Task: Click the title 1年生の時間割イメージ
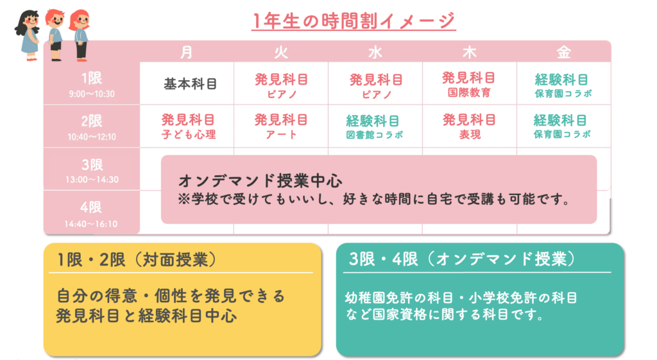pos(354,21)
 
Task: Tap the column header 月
pos(187,53)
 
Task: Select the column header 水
pos(375,53)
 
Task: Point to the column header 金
pos(563,53)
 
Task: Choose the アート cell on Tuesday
pos(281,126)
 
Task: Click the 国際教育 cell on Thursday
pos(469,84)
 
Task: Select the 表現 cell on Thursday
pos(469,126)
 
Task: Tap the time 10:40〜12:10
pos(92,137)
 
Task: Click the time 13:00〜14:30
pos(92,180)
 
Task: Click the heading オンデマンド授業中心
pos(260,181)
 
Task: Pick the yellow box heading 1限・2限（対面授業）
pos(137,260)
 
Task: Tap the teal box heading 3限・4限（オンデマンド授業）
pos(463,259)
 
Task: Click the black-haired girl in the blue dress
pos(28,35)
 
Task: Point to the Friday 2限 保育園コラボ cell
pos(561,126)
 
